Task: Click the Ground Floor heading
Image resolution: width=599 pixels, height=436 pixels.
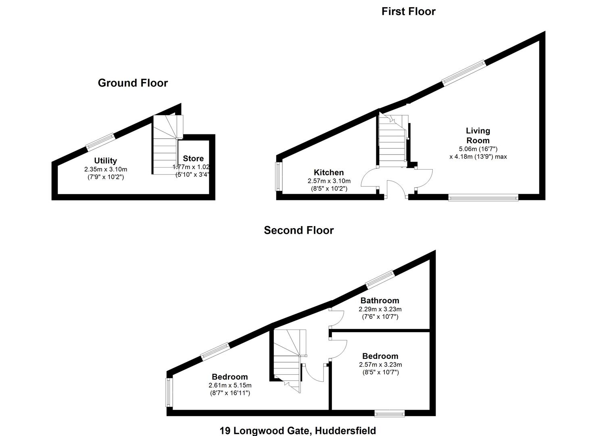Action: point(133,83)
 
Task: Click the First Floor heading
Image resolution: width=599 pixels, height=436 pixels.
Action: point(408,11)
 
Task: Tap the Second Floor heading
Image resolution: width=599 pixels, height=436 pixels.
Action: point(298,231)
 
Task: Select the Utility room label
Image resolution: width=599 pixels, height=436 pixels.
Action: point(105,161)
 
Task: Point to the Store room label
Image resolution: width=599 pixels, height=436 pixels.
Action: point(193,159)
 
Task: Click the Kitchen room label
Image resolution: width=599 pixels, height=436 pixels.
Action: point(329,173)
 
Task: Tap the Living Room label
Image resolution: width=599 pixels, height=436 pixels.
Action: point(478,136)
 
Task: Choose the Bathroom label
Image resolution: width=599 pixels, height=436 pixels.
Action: point(380,301)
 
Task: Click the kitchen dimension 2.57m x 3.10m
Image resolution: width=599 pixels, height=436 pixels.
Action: point(329,181)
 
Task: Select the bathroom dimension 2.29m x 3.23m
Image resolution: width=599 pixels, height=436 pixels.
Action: point(380,309)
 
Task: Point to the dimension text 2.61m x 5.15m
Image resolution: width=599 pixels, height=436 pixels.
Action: point(230,386)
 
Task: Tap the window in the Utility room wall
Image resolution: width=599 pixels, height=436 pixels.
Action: point(100,142)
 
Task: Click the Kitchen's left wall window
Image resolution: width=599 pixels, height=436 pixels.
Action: point(278,176)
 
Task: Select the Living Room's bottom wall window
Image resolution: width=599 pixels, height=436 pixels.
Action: point(483,197)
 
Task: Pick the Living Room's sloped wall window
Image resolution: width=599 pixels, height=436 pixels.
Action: point(463,73)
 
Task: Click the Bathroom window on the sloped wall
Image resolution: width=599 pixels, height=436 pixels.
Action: point(380,279)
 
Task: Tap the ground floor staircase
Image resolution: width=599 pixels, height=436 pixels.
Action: point(165,145)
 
